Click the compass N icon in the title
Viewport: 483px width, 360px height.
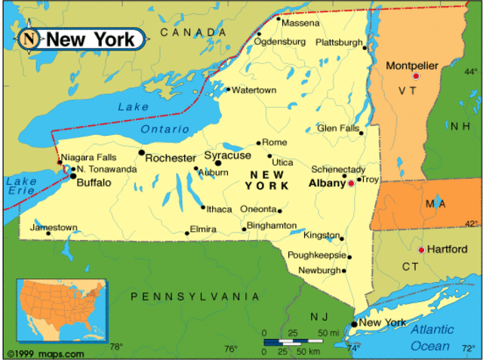tap(29, 38)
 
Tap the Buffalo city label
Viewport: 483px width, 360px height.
tap(94, 183)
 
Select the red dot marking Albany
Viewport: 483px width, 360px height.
tap(350, 183)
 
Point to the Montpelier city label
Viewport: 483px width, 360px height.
tap(412, 66)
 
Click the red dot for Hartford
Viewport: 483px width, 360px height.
tap(421, 250)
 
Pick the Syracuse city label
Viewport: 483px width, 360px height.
tap(228, 155)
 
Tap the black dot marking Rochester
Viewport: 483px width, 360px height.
tap(141, 152)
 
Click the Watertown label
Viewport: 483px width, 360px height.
tap(254, 91)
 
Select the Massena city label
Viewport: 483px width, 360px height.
tap(300, 23)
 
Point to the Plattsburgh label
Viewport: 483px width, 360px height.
tap(339, 42)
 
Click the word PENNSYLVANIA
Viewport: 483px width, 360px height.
tap(195, 297)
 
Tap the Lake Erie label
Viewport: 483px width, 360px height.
tap(20, 186)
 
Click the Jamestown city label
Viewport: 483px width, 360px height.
tap(54, 227)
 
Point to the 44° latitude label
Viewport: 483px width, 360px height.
tap(471, 72)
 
